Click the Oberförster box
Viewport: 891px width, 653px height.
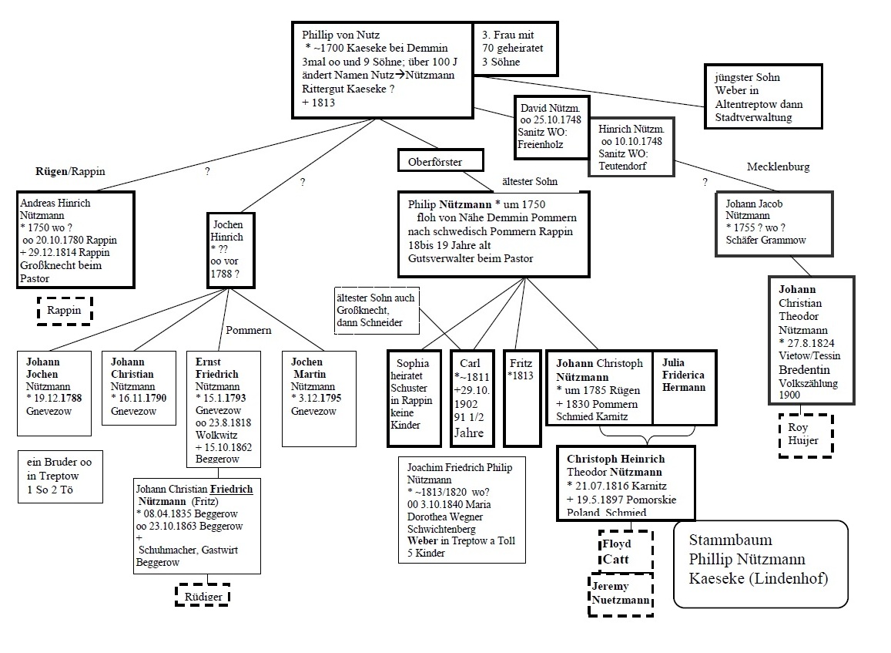pos(440,160)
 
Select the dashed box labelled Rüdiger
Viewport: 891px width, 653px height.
pos(202,595)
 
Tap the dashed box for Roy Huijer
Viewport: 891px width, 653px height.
pos(805,436)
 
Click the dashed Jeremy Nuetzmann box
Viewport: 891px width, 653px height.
pos(621,594)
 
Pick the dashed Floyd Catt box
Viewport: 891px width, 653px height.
pos(625,550)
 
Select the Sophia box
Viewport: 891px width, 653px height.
pos(414,398)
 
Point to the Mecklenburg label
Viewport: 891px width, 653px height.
pos(778,167)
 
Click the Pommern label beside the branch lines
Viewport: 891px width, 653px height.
pos(248,330)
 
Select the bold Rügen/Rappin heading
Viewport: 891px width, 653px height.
pos(70,171)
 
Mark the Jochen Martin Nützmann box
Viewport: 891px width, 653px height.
pos(319,398)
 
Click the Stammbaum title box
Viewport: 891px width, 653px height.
pos(759,564)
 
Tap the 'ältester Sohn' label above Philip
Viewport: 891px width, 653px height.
pos(529,182)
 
